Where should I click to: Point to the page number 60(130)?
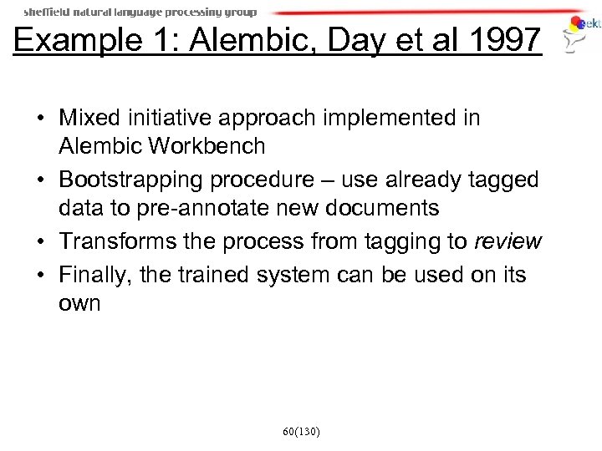[300, 432]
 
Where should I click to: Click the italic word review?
[508, 241]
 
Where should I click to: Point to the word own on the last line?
[80, 303]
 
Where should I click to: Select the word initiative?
[171, 118]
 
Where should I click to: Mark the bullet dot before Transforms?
[41, 242]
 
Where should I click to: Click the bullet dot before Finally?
[41, 274]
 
